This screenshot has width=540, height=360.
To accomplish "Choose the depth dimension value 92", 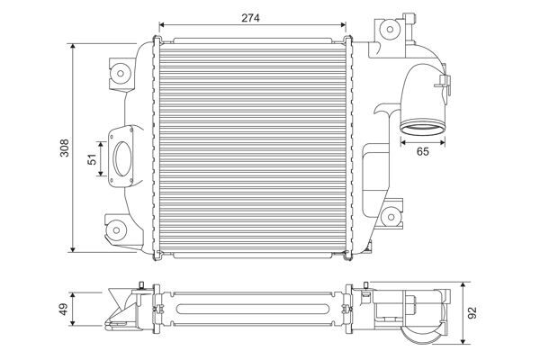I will coord(472,315).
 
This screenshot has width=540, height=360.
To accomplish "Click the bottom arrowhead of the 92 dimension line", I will coord(462,340).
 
